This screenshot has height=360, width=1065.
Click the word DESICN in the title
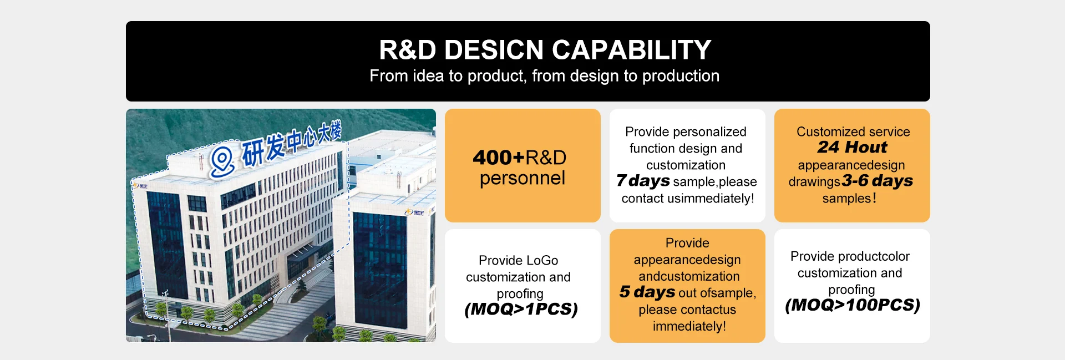click(x=494, y=50)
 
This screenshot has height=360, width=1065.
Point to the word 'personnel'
click(x=523, y=179)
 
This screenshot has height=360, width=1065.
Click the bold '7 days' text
click(x=643, y=181)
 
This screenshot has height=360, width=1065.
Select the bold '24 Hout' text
click(x=852, y=147)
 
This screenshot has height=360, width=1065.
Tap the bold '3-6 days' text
click(x=877, y=181)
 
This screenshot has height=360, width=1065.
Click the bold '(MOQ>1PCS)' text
click(x=521, y=309)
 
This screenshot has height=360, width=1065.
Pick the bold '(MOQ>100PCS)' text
click(x=853, y=305)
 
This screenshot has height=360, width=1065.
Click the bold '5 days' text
click(x=647, y=292)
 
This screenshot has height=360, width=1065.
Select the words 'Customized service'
click(x=853, y=132)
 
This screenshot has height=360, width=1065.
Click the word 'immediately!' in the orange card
click(x=689, y=326)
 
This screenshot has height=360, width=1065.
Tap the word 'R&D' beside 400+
click(x=546, y=158)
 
